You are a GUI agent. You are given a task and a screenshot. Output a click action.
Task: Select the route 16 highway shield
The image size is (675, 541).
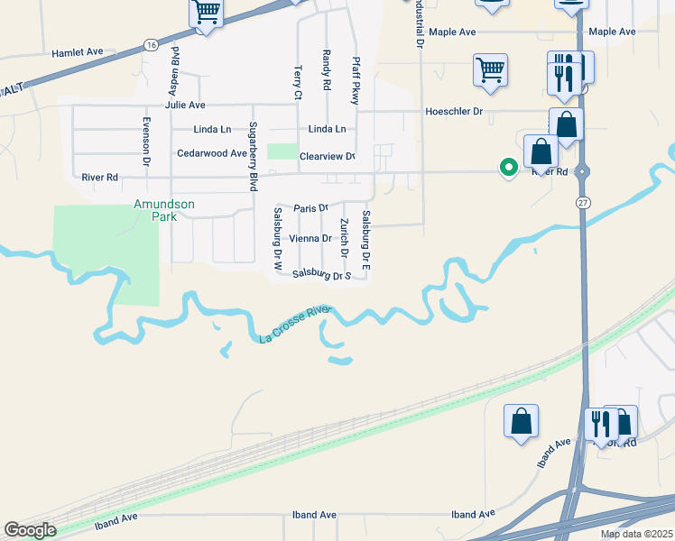pyautogui.click(x=151, y=44)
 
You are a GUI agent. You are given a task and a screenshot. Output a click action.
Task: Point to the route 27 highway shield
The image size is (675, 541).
pyautogui.click(x=584, y=204)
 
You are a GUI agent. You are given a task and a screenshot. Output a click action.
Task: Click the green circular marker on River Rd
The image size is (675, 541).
pyautogui.click(x=509, y=167)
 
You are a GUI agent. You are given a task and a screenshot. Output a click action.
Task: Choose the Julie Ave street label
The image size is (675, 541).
pyautogui.click(x=185, y=105)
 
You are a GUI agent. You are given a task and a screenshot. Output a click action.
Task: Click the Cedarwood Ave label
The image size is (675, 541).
pyautogui.click(x=211, y=153)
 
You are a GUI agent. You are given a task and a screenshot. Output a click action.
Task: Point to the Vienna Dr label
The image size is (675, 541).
pyautogui.click(x=310, y=238)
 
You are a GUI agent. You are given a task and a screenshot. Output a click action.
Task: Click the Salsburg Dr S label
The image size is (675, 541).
pyautogui.click(x=321, y=275)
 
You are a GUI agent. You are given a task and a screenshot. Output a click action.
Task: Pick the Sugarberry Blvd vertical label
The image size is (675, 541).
pyautogui.click(x=254, y=155)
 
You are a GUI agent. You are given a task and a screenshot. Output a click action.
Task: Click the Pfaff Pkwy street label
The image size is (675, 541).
pyautogui.click(x=356, y=81)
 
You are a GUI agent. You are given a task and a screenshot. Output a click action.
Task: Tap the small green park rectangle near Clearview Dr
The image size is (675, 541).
pyautogui.click(x=282, y=152)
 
